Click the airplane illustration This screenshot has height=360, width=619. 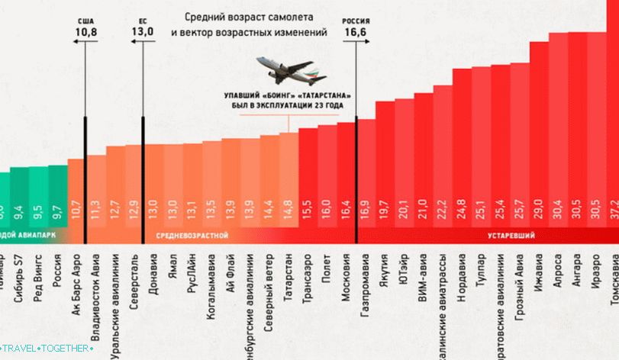(291, 69)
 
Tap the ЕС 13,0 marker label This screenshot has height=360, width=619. (142, 28)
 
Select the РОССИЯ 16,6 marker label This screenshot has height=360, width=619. (356, 28)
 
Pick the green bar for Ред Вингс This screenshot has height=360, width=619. (38, 198)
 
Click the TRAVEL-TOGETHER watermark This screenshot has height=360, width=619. (47, 349)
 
